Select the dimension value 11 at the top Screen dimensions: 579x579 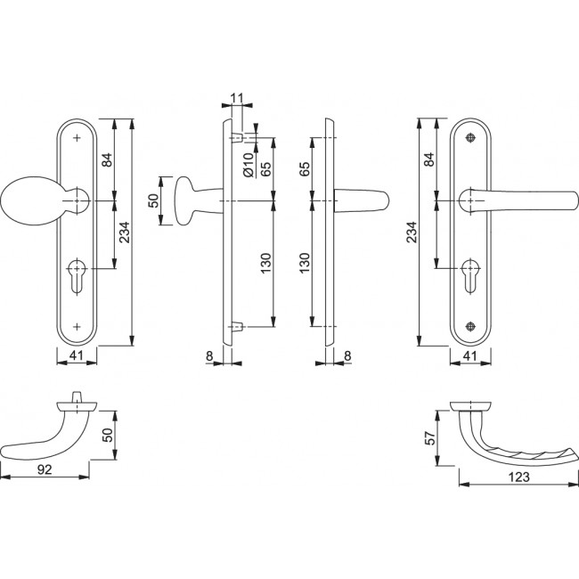click(235, 99)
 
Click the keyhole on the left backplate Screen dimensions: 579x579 click(78, 271)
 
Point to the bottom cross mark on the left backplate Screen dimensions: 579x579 click(78, 326)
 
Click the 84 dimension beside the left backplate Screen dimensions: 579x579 click(107, 160)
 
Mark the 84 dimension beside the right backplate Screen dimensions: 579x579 click(428, 160)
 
